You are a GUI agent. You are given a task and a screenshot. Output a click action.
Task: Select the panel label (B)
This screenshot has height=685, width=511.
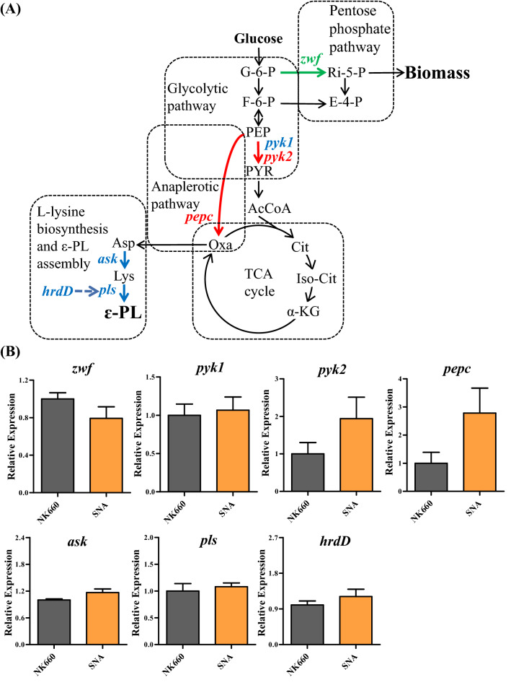15,354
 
